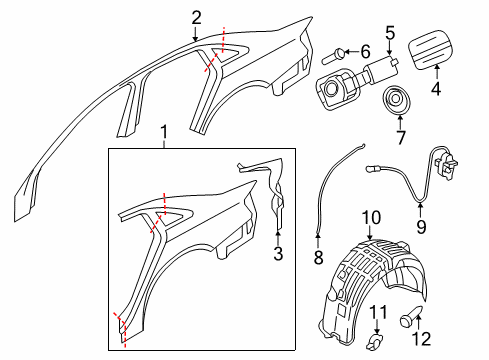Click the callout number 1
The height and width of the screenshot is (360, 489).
(163, 132)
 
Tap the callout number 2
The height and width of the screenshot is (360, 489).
(196, 18)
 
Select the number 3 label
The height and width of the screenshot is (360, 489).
(278, 253)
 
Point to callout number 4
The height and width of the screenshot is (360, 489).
(436, 88)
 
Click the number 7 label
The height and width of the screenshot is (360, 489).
(400, 137)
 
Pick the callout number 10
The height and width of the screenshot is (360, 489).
(371, 218)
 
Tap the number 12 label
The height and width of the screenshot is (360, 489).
(422, 339)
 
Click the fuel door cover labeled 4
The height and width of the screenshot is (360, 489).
(430, 49)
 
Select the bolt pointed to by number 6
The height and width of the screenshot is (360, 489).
(333, 57)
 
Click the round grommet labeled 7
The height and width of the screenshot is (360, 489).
(396, 99)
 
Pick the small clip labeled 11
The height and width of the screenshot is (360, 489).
(375, 342)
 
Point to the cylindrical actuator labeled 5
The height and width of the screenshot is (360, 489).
(382, 68)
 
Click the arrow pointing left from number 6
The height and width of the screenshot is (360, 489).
(351, 52)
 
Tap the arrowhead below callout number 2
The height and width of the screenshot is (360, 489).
(195, 39)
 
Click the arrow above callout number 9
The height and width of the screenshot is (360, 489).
(420, 210)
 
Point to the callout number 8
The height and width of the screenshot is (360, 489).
(318, 257)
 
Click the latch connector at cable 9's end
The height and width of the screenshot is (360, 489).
(446, 161)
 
